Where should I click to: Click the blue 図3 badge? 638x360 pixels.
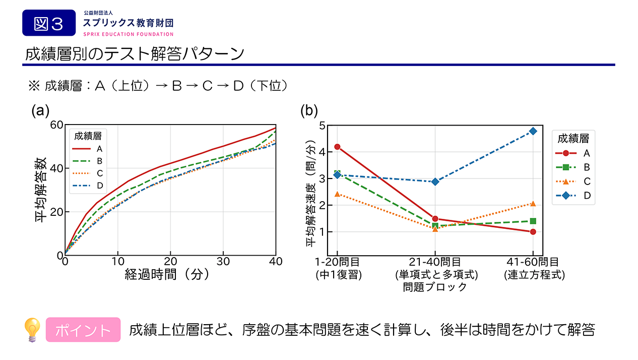click(48, 23)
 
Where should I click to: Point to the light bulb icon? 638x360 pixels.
click(33, 330)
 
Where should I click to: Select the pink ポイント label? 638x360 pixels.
click(83, 330)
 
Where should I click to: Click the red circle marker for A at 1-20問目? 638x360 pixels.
click(337, 147)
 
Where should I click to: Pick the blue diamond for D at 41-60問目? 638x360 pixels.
click(533, 131)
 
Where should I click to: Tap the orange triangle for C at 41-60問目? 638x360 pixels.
click(533, 204)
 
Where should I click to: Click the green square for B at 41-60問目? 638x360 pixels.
click(533, 221)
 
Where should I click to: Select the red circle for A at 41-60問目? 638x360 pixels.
click(533, 232)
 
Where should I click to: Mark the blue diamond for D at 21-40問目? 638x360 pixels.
click(435, 182)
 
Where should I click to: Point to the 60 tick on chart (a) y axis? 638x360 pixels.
click(56, 125)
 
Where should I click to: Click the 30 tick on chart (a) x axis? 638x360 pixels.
click(223, 262)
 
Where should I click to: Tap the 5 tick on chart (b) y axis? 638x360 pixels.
click(322, 125)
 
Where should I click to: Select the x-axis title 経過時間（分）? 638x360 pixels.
click(167, 275)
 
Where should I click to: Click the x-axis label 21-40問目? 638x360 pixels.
click(435, 262)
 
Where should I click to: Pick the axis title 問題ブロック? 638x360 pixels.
click(435, 287)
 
